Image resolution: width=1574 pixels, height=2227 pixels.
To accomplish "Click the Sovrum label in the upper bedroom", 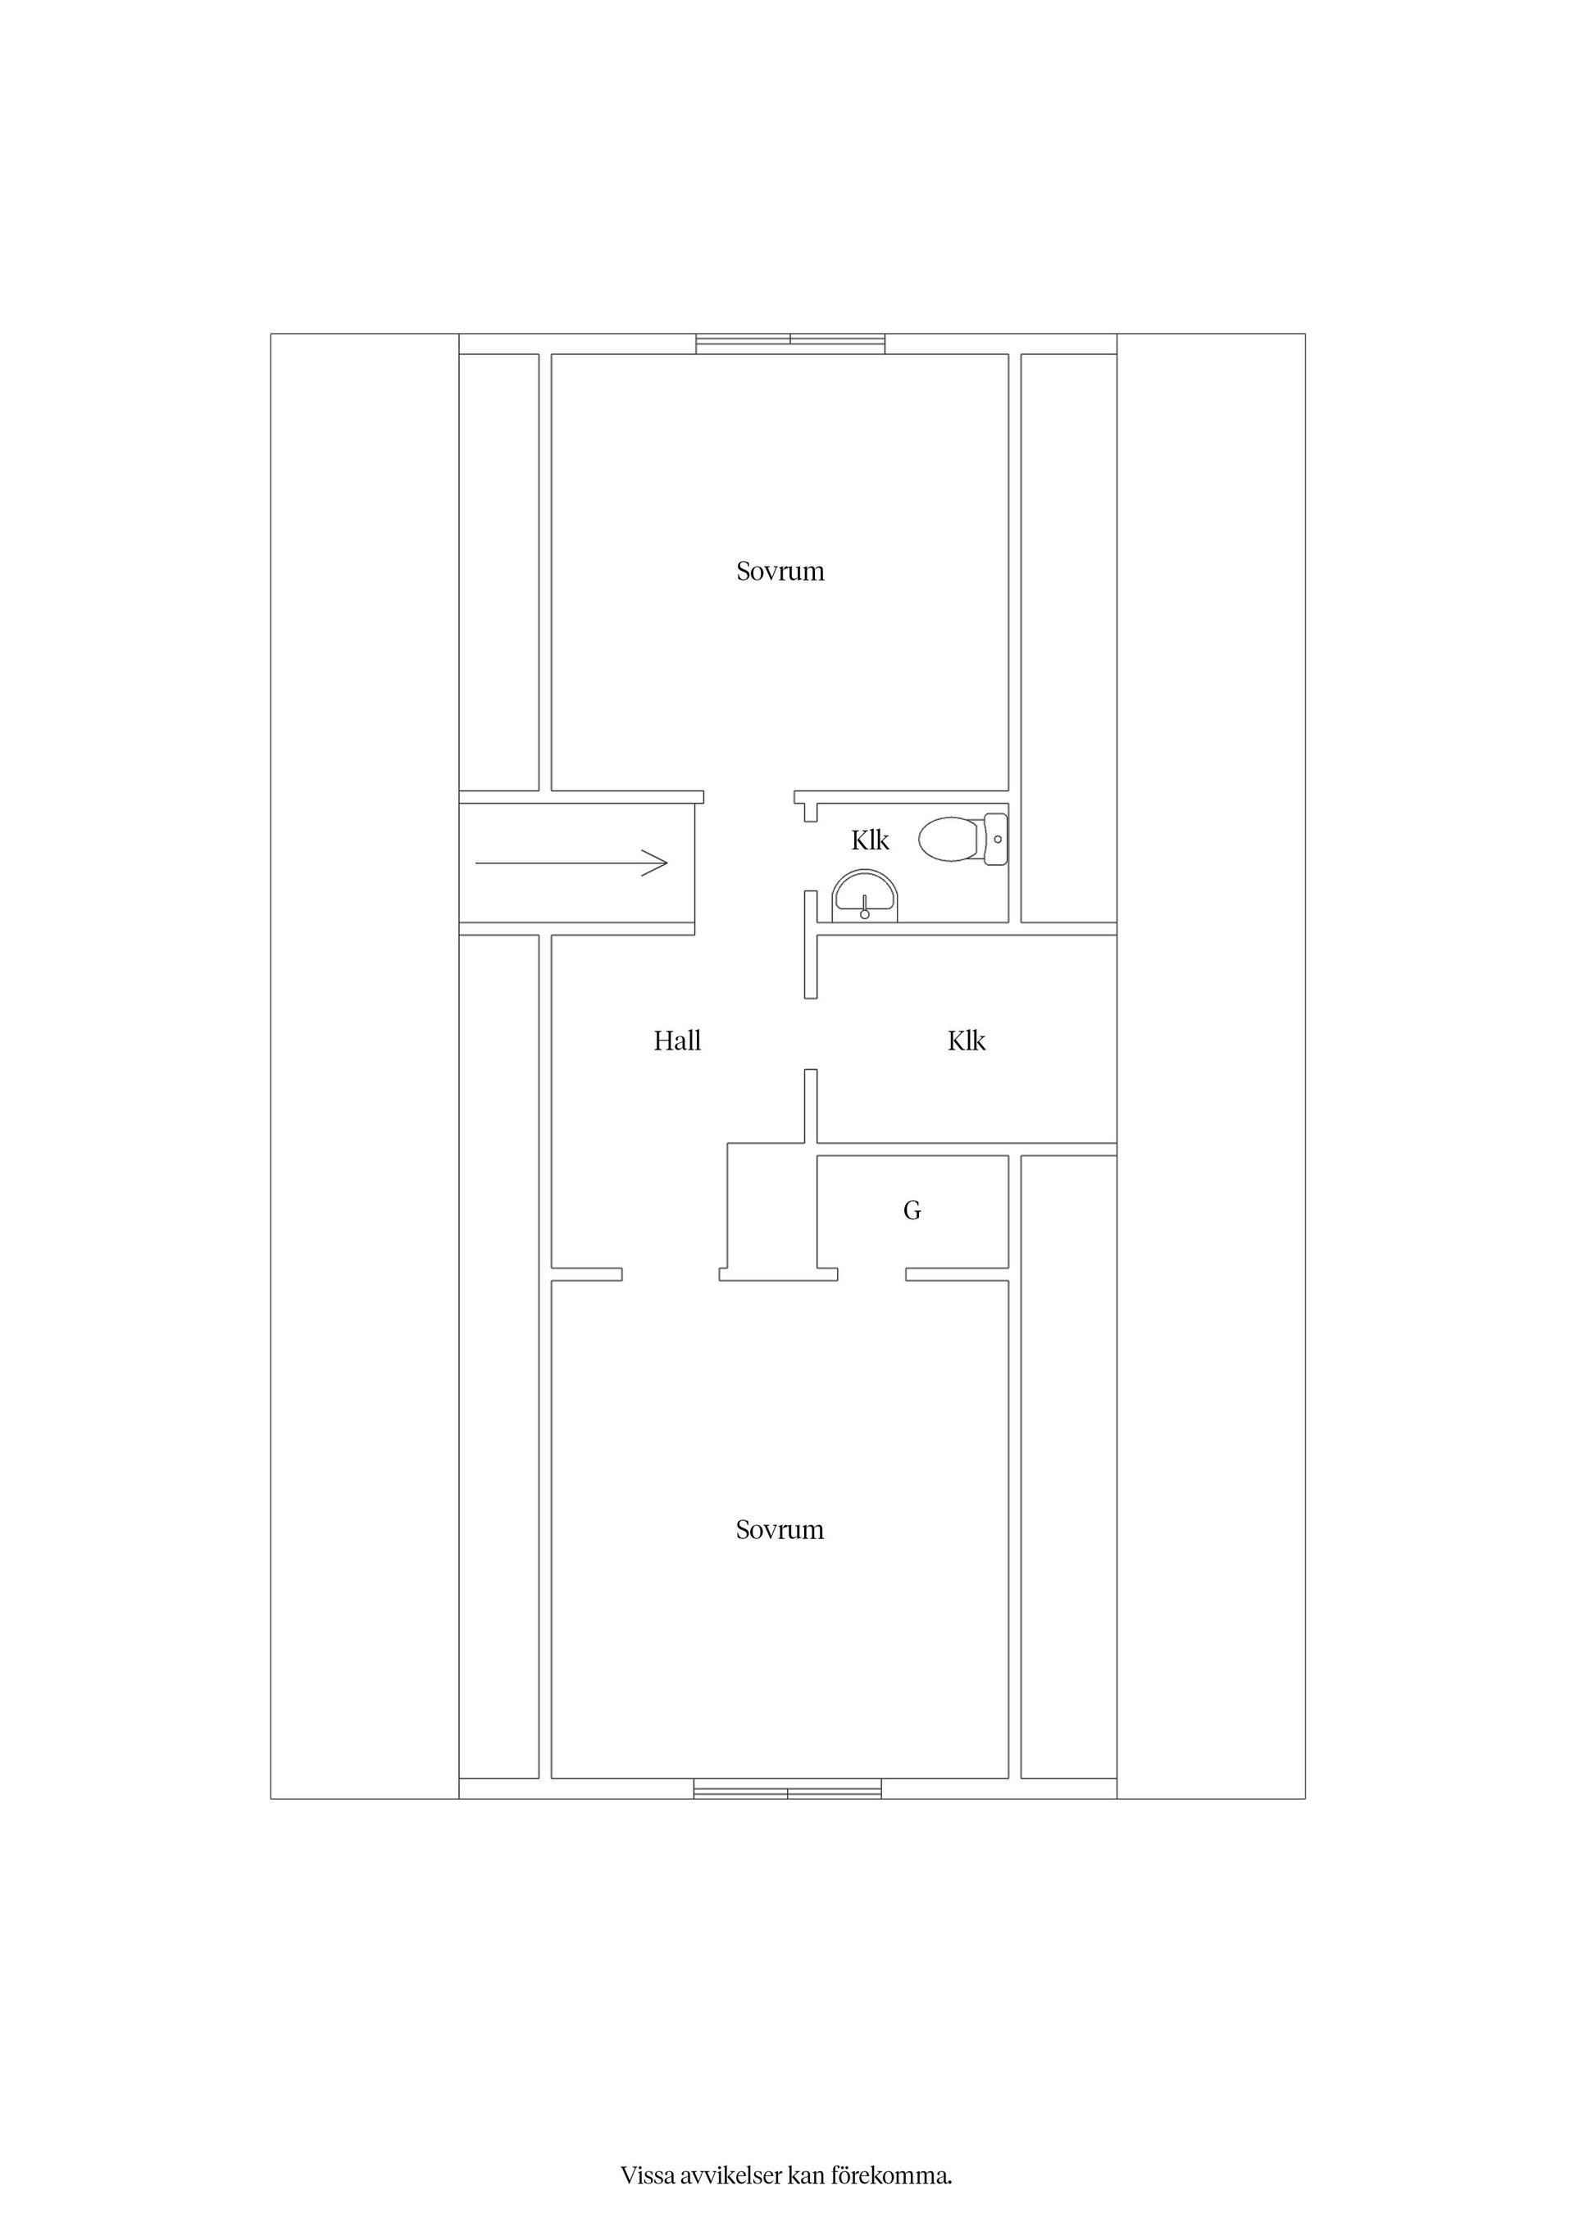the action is click(780, 572).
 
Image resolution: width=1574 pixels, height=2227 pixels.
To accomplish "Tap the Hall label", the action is click(677, 1041).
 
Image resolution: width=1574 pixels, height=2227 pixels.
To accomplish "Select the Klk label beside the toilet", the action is click(870, 840).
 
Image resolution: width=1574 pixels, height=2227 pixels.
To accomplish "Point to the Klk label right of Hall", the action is click(966, 1041).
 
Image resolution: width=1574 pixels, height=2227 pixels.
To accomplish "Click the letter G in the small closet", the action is click(912, 1210).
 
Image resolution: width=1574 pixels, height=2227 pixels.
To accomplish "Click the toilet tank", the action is click(996, 839).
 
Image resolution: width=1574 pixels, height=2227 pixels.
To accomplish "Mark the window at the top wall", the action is click(790, 344).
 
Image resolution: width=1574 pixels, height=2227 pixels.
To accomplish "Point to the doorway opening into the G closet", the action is click(872, 1274).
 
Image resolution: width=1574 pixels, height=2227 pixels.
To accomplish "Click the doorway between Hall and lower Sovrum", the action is click(670, 1274).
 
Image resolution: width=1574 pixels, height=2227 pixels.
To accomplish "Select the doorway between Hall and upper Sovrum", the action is click(748, 797).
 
